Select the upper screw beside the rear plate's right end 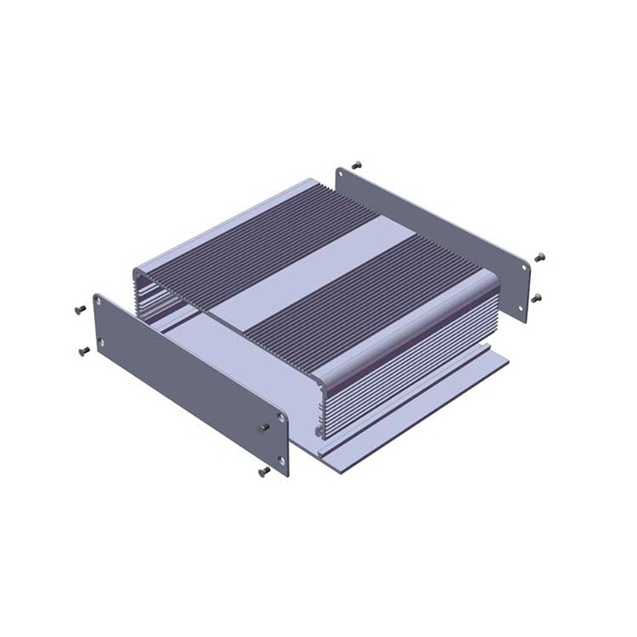tap(541, 257)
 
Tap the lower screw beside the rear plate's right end tap(536, 297)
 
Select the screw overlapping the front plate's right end tap(264, 428)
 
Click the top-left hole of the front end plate tap(99, 303)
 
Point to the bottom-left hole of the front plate tap(100, 342)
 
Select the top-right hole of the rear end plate tap(525, 268)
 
